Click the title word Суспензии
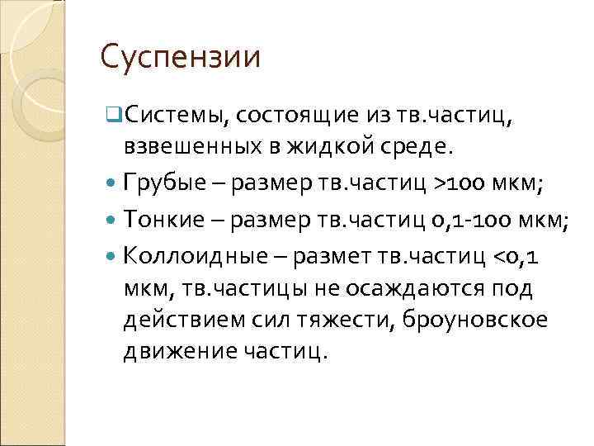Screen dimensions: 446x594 point(180,58)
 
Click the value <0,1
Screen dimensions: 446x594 point(515,255)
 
